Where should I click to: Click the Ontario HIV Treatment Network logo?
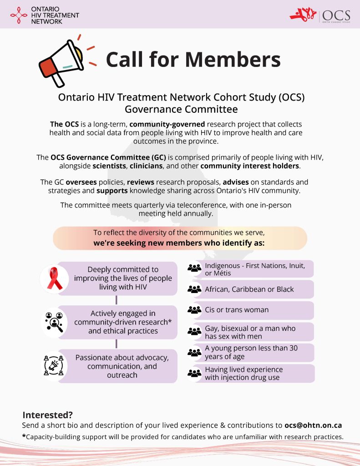click(x=44, y=15)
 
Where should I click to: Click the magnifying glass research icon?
click(x=54, y=322)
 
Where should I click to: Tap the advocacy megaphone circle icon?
click(x=54, y=365)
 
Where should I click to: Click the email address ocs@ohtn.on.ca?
click(x=313, y=425)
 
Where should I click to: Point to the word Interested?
click(x=48, y=415)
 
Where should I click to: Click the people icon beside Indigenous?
click(x=194, y=268)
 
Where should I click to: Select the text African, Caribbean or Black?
click(x=249, y=289)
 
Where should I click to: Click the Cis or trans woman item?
click(x=237, y=310)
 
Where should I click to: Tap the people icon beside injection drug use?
click(x=194, y=373)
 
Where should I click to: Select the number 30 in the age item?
click(x=294, y=348)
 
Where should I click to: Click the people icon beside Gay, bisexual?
click(x=194, y=331)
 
